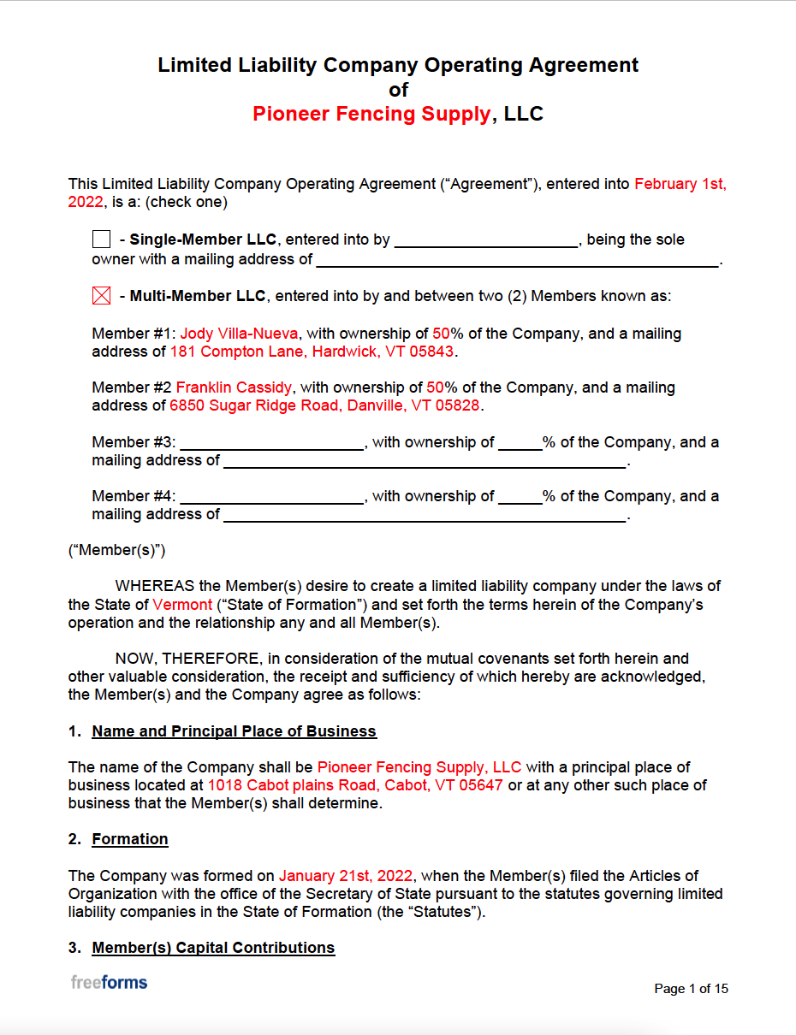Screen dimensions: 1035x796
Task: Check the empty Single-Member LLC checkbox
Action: (x=101, y=240)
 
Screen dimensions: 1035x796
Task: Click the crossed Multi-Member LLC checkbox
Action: (x=101, y=297)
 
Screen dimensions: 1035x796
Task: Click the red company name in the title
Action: (x=371, y=115)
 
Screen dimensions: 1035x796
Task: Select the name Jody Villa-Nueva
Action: (x=239, y=334)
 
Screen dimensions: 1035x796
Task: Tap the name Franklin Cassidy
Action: (x=234, y=387)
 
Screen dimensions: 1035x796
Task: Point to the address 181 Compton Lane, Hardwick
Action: (x=313, y=352)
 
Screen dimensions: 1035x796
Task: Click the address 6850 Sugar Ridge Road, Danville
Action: (x=324, y=405)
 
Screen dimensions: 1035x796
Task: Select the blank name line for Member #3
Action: (x=272, y=443)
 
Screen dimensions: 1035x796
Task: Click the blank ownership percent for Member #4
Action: (x=520, y=497)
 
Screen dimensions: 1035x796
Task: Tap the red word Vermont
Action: (x=182, y=605)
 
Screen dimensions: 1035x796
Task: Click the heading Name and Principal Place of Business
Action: (x=234, y=731)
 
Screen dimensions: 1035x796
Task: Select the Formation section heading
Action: (x=130, y=839)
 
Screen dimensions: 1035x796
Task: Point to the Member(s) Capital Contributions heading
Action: (x=213, y=948)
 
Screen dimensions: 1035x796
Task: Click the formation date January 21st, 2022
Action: (x=346, y=876)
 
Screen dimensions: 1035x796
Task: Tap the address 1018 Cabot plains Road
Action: (x=355, y=785)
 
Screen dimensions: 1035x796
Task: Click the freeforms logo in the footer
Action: (x=109, y=982)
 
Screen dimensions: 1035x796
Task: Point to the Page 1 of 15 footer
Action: (x=691, y=989)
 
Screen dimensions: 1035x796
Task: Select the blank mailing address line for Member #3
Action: (x=425, y=462)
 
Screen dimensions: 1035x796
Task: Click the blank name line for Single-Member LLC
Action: (x=485, y=240)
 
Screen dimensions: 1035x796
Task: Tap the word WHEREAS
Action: (x=155, y=587)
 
